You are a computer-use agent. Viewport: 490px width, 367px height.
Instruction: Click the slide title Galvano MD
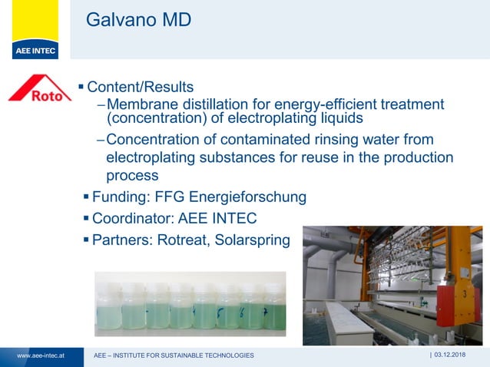(x=138, y=20)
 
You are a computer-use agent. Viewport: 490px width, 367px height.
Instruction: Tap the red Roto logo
(x=40, y=89)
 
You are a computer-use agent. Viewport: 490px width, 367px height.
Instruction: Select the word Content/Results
(x=141, y=87)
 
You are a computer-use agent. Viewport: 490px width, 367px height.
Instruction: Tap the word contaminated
(x=240, y=139)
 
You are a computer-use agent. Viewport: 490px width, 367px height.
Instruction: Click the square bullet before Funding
(x=86, y=197)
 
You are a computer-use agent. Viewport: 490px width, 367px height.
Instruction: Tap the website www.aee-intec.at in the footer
(x=40, y=355)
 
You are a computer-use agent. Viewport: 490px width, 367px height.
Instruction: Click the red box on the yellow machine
(x=464, y=296)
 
